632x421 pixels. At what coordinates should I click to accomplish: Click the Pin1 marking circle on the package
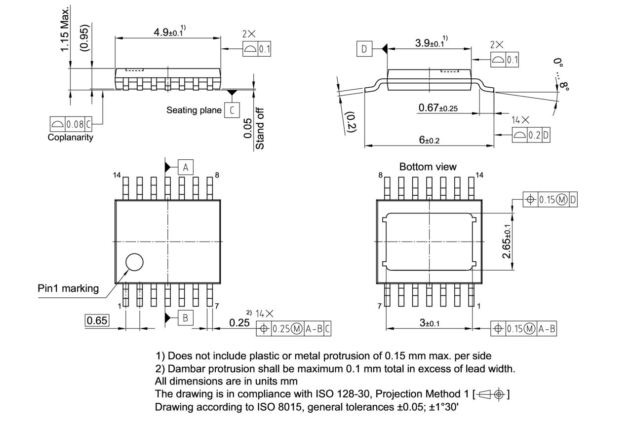point(134,262)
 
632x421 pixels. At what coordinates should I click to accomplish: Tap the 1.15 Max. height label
point(65,30)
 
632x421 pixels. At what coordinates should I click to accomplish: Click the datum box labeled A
point(186,167)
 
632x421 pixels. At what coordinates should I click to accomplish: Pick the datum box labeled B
point(186,318)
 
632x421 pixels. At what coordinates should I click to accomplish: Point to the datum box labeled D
point(364,49)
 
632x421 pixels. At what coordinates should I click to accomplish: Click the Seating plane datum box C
point(232,110)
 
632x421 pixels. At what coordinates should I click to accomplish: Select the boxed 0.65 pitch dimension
point(97,320)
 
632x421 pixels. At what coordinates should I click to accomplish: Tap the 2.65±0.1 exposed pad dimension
point(507,242)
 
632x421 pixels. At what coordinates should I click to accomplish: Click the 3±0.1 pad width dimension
point(429,323)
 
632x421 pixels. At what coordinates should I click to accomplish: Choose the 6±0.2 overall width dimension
point(429,140)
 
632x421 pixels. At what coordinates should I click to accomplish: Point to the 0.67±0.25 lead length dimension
point(437,108)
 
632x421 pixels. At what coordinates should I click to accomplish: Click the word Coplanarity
point(70,138)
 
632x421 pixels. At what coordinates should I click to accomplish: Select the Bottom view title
point(428,167)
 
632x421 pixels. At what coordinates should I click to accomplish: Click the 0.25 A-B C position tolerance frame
point(293,329)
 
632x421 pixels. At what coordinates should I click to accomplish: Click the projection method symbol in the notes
point(491,394)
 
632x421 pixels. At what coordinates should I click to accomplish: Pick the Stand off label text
point(260,129)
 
